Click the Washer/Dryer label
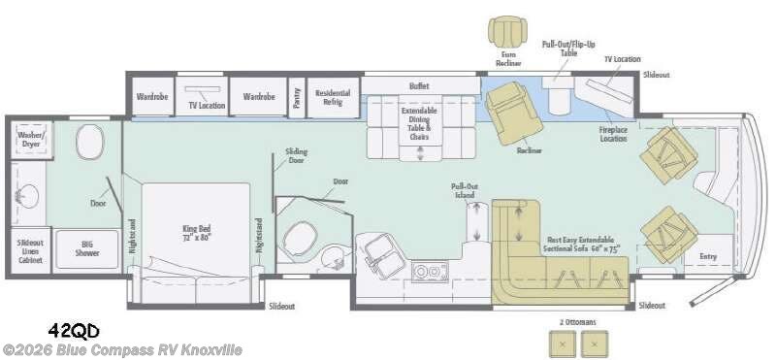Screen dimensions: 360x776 28,142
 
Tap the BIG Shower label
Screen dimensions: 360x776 85,248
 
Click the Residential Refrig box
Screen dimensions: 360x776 333,97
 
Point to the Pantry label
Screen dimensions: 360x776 296,97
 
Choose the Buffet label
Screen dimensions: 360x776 419,85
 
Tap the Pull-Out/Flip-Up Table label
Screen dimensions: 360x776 566,49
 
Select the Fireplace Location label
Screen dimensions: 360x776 613,134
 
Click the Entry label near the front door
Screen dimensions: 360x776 708,256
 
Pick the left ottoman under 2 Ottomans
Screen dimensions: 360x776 561,342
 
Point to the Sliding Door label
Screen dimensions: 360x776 296,156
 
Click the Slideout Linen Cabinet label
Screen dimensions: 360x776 29,249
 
